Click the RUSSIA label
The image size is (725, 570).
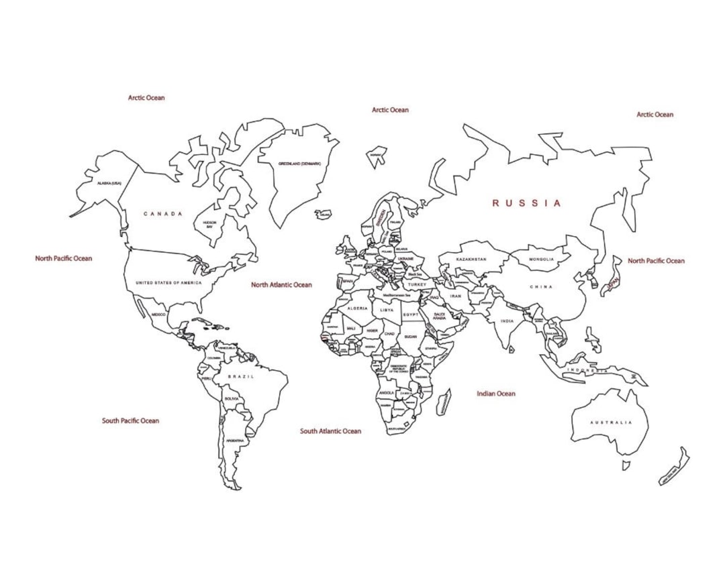click(x=526, y=203)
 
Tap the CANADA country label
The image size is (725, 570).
click(x=162, y=214)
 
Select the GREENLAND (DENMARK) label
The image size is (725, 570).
click(x=299, y=164)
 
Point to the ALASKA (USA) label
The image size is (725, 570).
click(x=109, y=183)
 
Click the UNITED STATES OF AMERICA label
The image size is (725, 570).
click(x=168, y=283)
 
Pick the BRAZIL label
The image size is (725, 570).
click(x=241, y=377)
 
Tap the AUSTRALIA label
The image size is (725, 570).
click(x=611, y=422)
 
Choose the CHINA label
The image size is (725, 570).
click(x=541, y=287)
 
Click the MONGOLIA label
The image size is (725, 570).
click(x=542, y=260)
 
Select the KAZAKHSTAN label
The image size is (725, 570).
click(x=471, y=259)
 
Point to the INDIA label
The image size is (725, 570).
click(x=507, y=321)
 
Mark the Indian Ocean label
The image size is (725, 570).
click(x=496, y=394)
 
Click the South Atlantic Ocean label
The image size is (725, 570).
click(x=330, y=431)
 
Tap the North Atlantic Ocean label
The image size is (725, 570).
click(x=281, y=285)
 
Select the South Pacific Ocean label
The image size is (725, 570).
click(x=130, y=421)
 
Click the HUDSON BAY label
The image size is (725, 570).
click(x=209, y=225)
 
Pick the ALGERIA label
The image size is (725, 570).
click(x=357, y=308)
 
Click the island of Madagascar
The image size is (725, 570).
click(x=444, y=402)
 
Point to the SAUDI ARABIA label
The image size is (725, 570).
click(x=440, y=316)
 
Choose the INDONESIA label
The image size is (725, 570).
click(x=587, y=370)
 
